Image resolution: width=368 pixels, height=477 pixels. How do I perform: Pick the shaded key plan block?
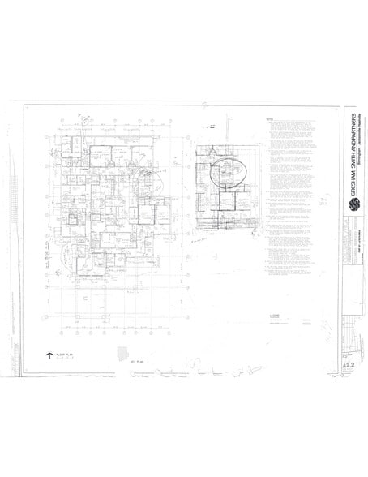(x=122, y=354)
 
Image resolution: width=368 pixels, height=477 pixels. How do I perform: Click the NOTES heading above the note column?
(x=270, y=119)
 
